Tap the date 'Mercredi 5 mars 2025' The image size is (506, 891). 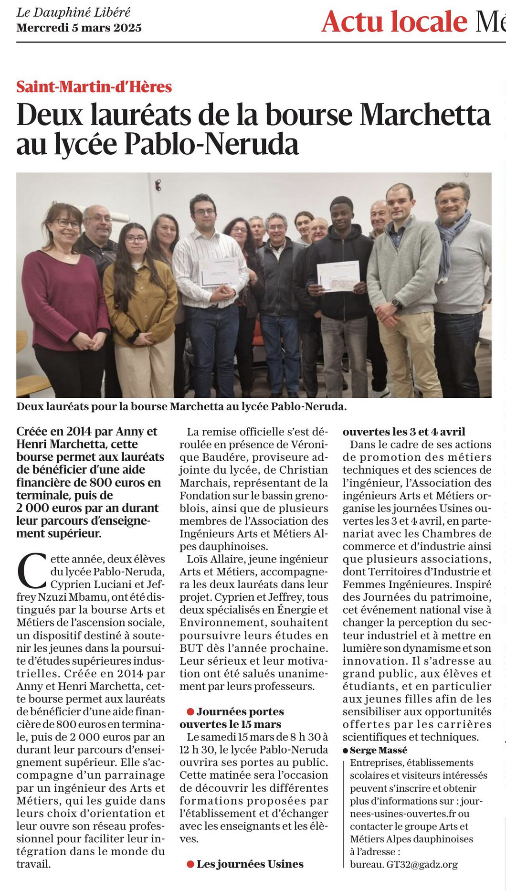click(79, 28)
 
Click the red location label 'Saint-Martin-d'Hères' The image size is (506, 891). click(94, 87)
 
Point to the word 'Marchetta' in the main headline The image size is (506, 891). click(425, 115)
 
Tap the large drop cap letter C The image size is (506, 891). click(32, 571)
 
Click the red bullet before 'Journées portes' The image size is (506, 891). click(190, 712)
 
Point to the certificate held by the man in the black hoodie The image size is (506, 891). click(338, 276)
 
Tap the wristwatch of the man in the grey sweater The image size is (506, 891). click(395, 302)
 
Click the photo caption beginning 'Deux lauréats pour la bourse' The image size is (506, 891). click(181, 407)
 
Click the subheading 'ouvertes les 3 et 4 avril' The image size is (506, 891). click(404, 432)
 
